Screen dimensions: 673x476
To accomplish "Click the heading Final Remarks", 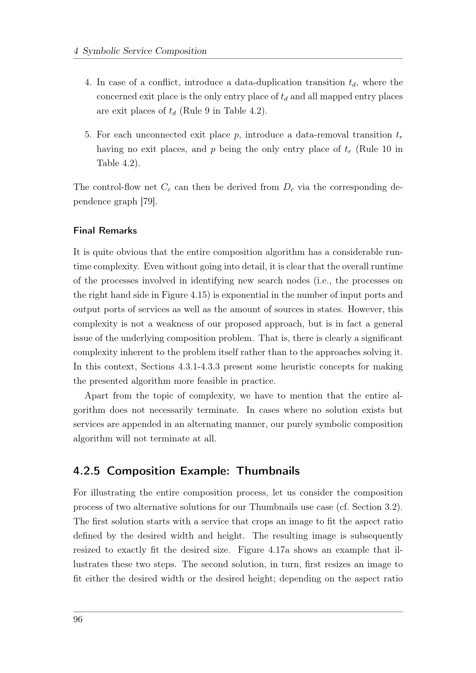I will (x=105, y=231).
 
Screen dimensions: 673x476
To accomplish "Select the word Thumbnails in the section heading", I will (x=268, y=471).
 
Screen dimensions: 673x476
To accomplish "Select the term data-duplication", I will (x=268, y=83).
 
